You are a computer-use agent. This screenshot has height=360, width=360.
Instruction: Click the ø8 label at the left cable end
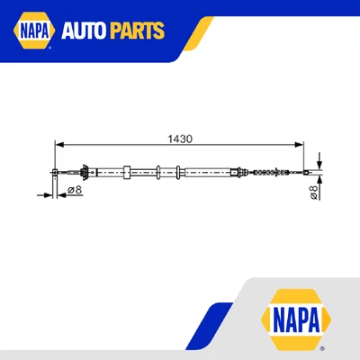click(x=75, y=190)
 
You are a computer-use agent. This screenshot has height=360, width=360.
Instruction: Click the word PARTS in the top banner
click(x=139, y=31)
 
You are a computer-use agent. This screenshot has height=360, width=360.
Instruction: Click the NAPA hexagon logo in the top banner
click(x=31, y=31)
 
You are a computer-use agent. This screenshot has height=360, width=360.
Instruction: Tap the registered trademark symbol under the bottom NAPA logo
click(x=324, y=346)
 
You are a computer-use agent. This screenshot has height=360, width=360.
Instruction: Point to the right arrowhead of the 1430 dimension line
click(x=300, y=143)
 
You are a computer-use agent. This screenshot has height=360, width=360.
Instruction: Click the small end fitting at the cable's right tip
click(x=304, y=173)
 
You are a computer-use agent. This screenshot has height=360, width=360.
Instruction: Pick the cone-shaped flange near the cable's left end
click(x=84, y=171)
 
